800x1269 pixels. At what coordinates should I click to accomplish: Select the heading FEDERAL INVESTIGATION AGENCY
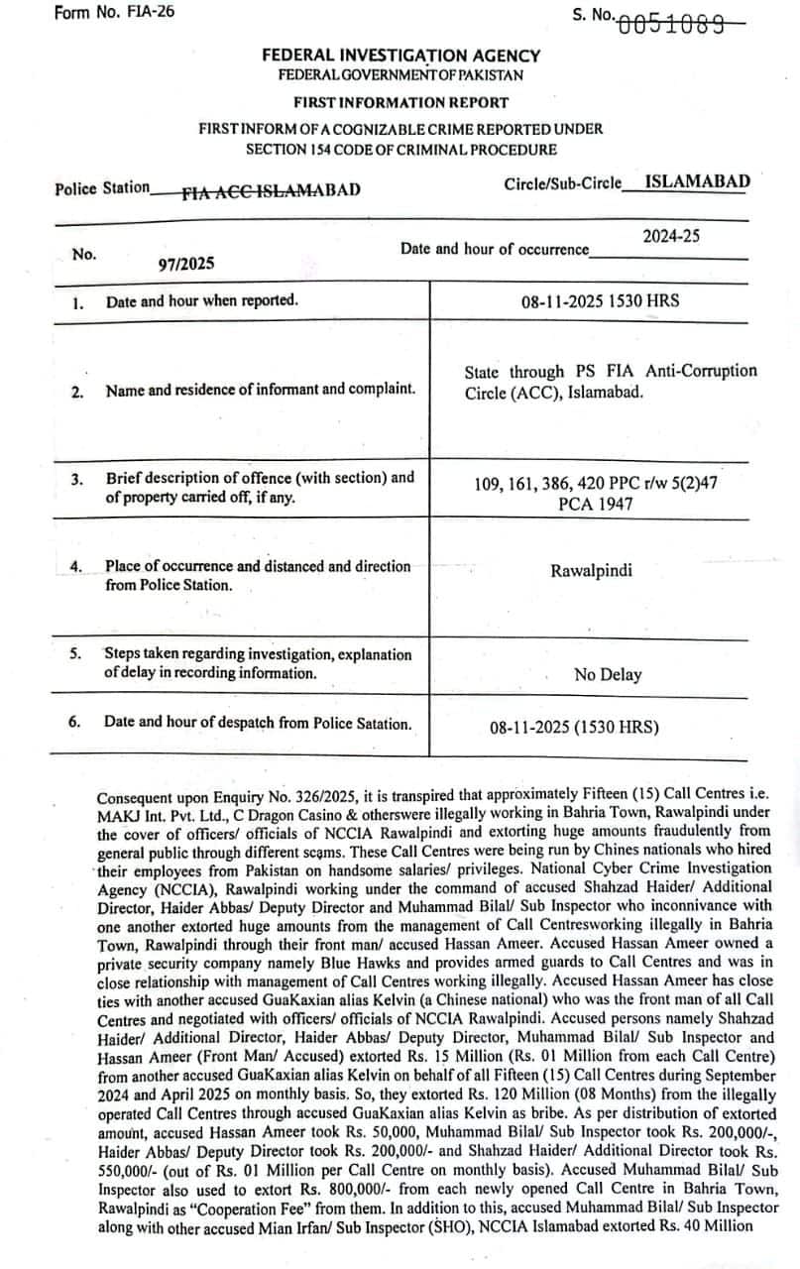400,57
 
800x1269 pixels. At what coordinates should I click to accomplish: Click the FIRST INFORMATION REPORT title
400,102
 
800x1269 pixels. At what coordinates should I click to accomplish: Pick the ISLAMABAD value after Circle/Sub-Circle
697,181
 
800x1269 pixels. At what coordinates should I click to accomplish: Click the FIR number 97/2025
185,265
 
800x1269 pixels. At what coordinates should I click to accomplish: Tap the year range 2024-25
671,236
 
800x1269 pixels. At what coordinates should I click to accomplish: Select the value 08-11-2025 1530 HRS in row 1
600,299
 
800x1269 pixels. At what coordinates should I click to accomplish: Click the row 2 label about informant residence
260,390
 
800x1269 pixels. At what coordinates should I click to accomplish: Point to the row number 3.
76,480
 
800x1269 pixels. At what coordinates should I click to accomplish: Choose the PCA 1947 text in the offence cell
595,505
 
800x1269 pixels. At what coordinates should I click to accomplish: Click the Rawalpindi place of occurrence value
591,571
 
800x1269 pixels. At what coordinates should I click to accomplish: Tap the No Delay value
608,675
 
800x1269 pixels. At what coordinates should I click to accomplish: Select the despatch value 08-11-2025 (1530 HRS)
574,728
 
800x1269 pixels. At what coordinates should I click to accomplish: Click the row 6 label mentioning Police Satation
257,723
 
